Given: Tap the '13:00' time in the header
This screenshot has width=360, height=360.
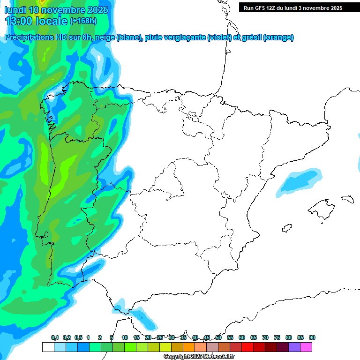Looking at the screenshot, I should coord(18,21).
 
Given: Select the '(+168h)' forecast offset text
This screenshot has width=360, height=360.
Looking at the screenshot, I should coord(83,21).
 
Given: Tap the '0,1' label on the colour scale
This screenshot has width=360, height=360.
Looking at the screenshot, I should coord(54,338).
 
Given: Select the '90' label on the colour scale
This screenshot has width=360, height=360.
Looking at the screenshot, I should coord(312,338).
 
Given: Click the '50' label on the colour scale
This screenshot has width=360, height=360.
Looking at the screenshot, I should coord(218,338).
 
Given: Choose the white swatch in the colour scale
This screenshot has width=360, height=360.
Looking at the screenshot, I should coord(48,347).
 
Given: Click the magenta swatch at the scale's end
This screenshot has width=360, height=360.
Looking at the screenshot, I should coord(306,347).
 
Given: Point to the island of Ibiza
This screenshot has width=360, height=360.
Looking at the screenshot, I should coord(286,229).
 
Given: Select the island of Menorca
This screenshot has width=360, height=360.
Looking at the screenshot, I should coord(347,199).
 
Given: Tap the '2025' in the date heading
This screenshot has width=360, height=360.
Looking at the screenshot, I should coord(95,10).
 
